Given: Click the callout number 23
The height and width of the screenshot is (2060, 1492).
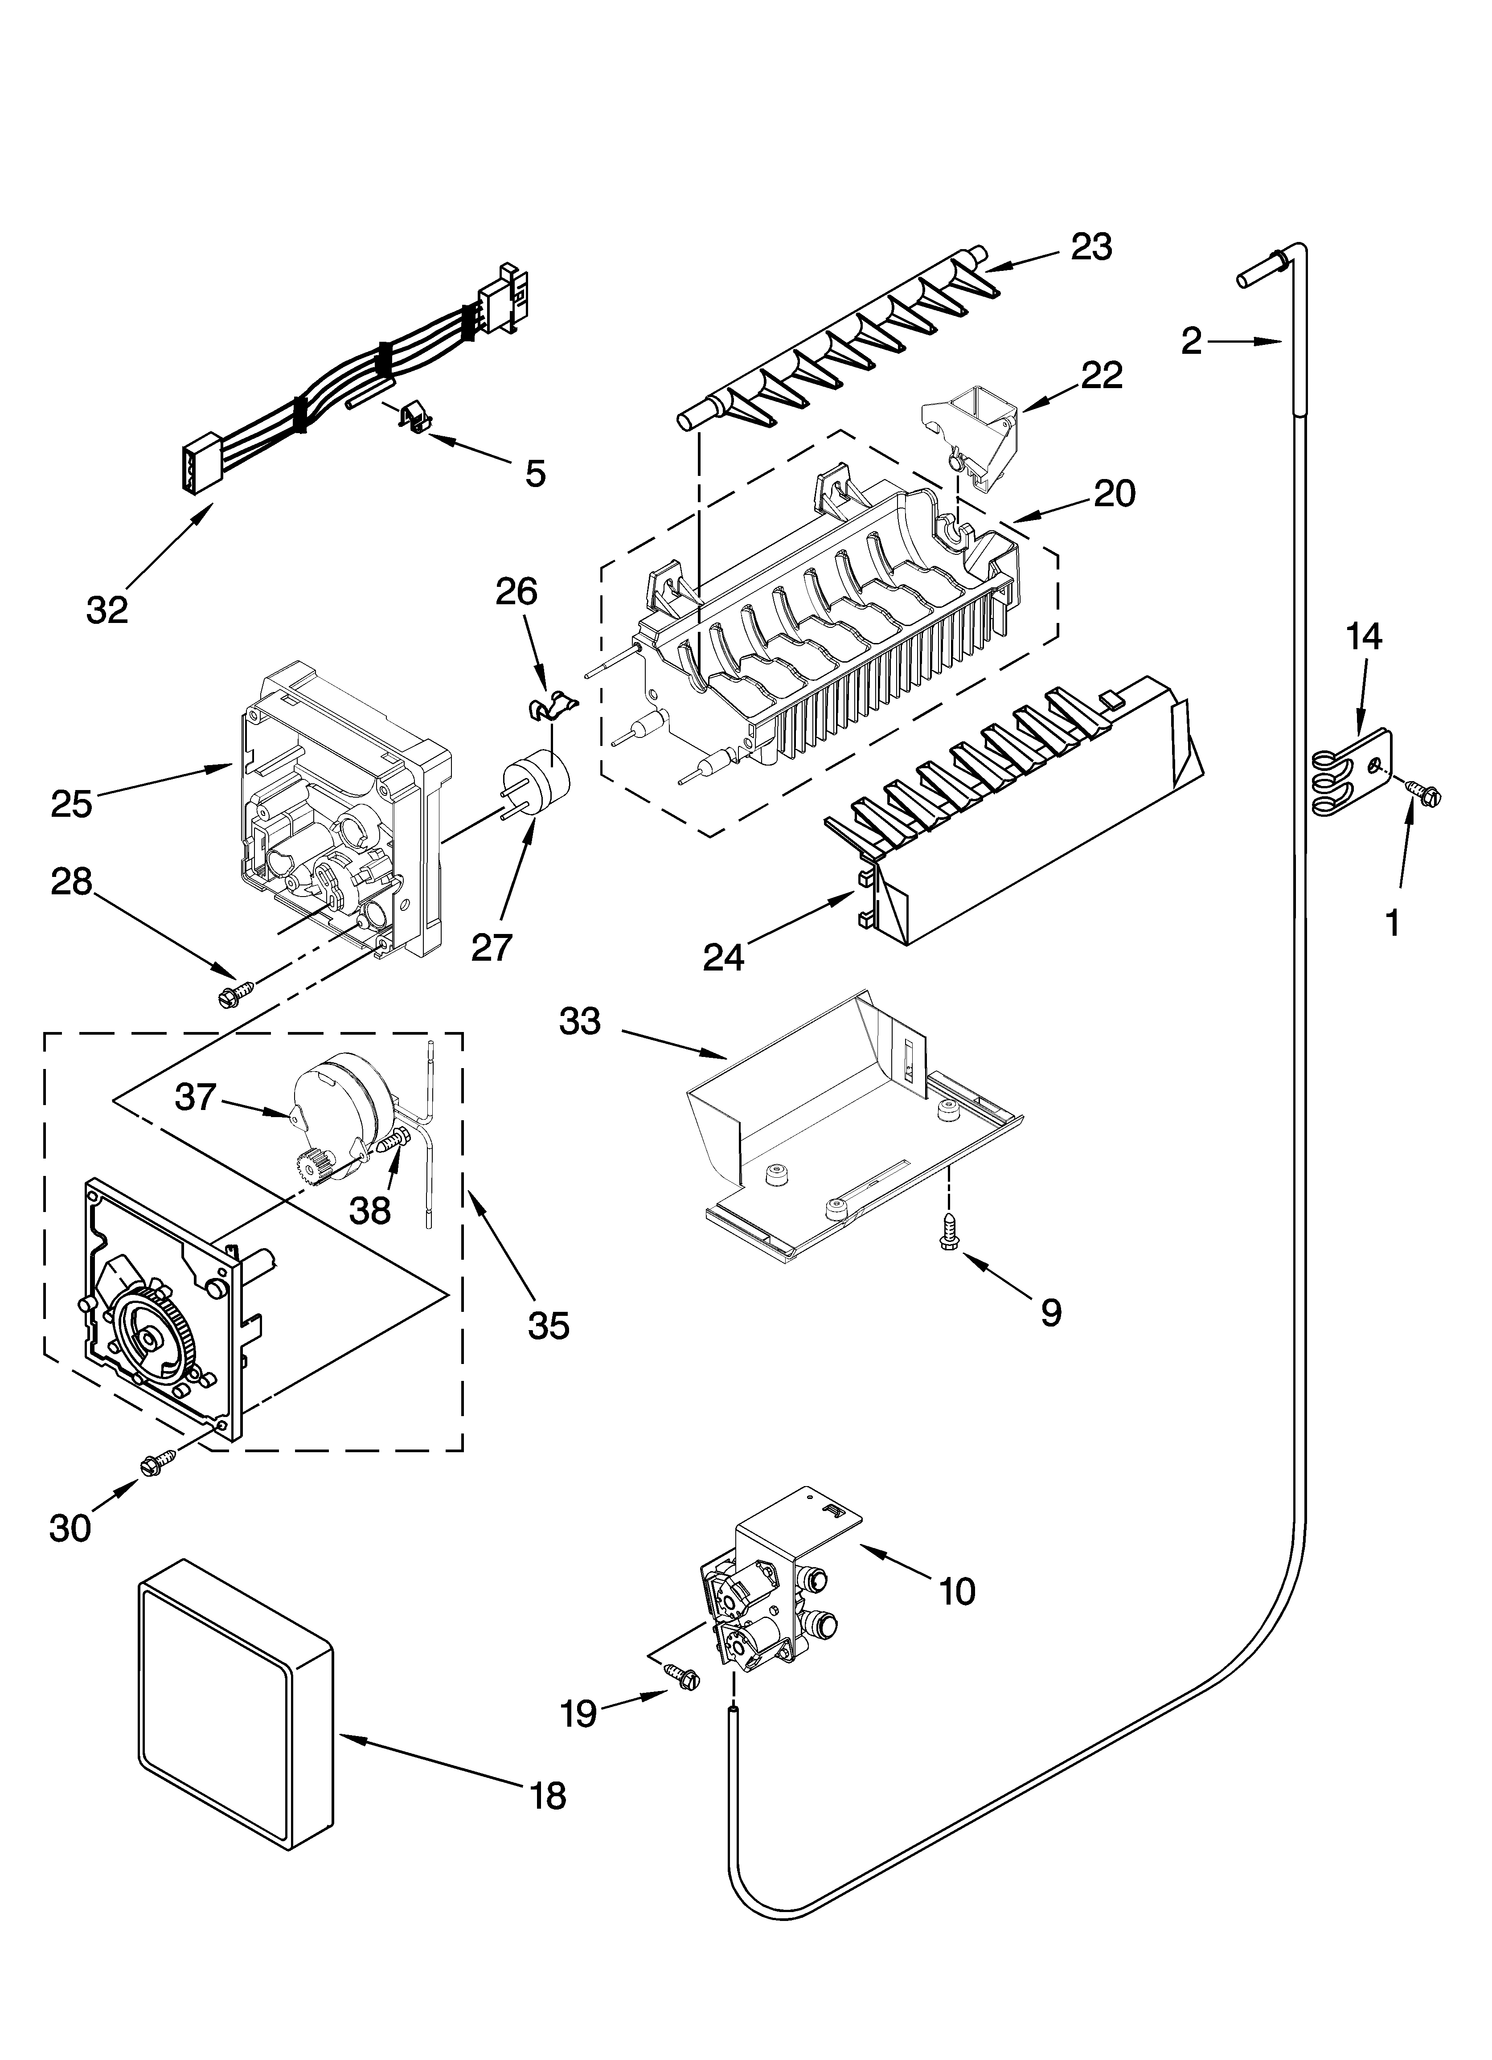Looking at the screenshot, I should click(1091, 247).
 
